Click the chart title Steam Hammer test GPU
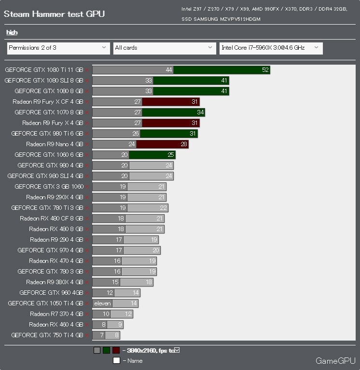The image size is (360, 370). tap(54, 14)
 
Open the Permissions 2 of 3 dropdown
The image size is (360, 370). tap(58, 48)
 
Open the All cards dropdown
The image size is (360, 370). tap(164, 48)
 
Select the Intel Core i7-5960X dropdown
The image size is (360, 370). tap(271, 48)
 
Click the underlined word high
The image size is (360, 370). tap(12, 32)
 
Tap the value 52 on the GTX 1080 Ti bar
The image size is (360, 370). tap(265, 70)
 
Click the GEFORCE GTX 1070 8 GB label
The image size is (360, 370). tap(49, 112)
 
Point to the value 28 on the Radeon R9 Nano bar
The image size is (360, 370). tap(184, 144)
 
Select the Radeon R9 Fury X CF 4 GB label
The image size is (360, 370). tap(48, 102)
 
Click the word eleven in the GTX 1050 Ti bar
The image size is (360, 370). tap(102, 303)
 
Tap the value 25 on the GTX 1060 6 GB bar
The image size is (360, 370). tap(171, 155)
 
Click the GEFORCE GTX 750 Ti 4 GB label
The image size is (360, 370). tap(47, 335)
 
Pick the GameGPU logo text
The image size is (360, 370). tap(335, 361)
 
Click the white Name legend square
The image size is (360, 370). tap(116, 360)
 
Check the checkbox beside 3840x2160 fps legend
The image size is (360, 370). tap(177, 350)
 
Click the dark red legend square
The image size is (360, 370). tap(116, 351)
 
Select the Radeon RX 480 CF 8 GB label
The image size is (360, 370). tap(52, 219)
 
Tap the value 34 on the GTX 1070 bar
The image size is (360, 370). tap(200, 112)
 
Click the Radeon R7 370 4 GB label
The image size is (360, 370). tap(56, 314)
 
